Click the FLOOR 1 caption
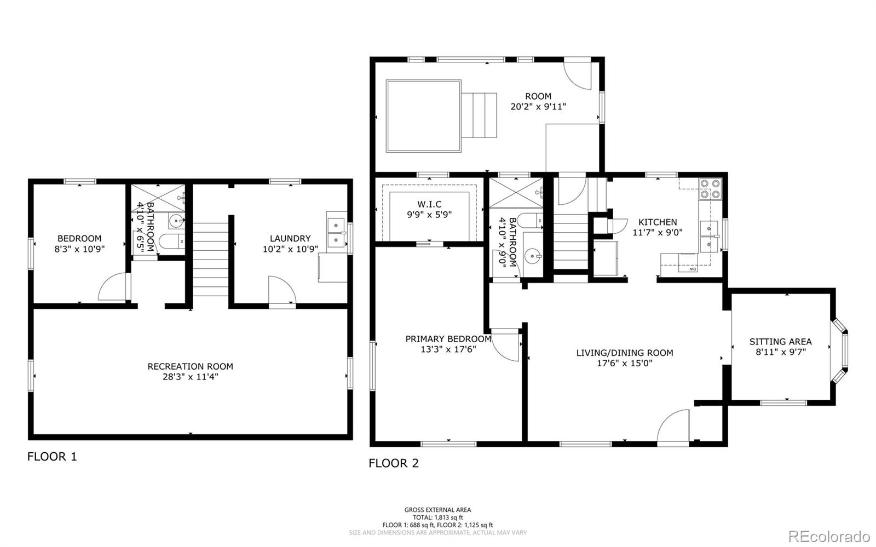point(52,457)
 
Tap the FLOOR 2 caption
point(394,463)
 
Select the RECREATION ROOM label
point(190,366)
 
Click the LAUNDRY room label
point(290,239)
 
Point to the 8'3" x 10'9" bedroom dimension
point(79,249)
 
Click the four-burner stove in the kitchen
point(710,189)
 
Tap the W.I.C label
point(429,204)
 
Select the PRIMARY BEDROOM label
point(448,339)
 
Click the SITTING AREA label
point(781,342)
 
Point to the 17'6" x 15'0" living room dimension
point(625,363)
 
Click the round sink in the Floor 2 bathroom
point(533,256)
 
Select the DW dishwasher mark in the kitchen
point(693,269)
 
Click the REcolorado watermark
point(829,536)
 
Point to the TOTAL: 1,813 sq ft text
point(437,517)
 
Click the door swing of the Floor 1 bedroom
point(114,286)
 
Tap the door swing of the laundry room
point(283,289)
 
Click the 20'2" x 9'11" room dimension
point(539,107)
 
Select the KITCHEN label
point(658,222)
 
